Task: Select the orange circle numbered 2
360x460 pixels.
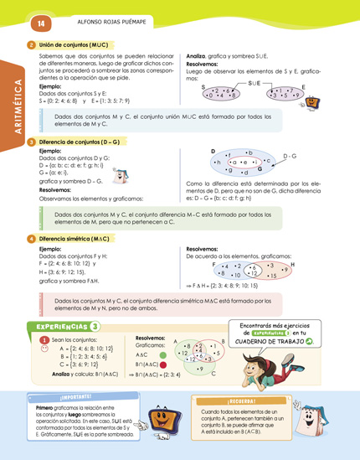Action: click(31, 44)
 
